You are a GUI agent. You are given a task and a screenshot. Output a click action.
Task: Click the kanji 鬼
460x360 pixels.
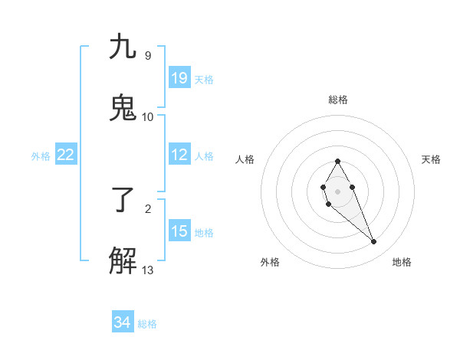(123, 107)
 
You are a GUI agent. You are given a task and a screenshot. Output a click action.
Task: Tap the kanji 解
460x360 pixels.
(123, 260)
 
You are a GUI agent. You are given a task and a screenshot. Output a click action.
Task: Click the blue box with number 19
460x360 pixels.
(179, 78)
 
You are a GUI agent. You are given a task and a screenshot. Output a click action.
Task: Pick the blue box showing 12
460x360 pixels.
(179, 155)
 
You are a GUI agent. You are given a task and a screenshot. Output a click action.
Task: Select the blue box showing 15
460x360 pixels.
(179, 232)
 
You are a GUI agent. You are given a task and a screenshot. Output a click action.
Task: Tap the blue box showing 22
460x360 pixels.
(66, 155)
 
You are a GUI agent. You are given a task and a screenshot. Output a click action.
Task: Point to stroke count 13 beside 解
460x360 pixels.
(148, 270)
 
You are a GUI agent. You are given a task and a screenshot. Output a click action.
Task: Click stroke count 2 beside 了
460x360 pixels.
(148, 208)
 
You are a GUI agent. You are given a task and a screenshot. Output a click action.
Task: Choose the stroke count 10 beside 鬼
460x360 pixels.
(148, 116)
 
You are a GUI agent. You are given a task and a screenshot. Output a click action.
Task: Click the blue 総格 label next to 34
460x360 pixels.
(147, 324)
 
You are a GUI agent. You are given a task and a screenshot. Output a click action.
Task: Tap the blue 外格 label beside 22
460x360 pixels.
(41, 156)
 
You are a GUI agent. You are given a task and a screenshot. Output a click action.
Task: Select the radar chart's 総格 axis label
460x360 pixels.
(338, 100)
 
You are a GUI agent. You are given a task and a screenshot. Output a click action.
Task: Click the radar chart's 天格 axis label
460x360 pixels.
(432, 159)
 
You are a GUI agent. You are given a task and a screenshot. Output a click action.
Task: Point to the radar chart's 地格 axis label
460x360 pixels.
(402, 262)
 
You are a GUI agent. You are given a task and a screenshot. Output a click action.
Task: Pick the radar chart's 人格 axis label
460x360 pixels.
(245, 159)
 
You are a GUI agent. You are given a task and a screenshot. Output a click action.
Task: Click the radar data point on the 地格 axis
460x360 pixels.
(374, 242)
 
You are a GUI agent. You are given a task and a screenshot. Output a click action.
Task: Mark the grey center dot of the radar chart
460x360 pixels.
(337, 191)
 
